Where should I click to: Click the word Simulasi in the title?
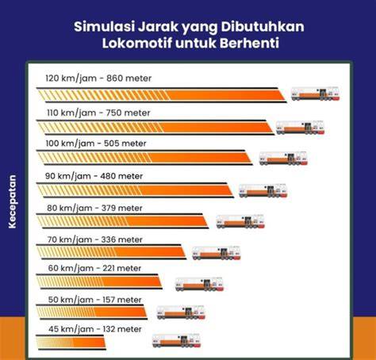[x=104, y=27]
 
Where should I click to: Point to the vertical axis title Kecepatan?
[x=12, y=201]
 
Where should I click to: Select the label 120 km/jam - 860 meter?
[x=98, y=79]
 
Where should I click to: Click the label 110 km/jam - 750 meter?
[x=98, y=113]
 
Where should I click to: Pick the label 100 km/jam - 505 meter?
[x=96, y=144]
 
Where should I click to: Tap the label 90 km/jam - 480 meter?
[x=94, y=176]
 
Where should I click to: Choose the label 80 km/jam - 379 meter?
[x=94, y=208]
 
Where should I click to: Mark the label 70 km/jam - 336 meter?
[x=95, y=239]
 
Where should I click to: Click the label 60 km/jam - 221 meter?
[x=94, y=268]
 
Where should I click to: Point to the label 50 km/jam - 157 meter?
[x=94, y=300]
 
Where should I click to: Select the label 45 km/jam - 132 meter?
[x=95, y=329]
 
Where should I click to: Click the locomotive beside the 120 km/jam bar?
[x=315, y=94]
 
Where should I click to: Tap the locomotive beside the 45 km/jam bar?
[x=176, y=340]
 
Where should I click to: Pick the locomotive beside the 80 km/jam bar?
[x=240, y=221]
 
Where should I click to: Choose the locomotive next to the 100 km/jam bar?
[x=283, y=159]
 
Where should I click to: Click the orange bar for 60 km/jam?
[x=99, y=281]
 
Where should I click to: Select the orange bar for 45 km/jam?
[x=71, y=343]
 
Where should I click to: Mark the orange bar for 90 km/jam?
[x=135, y=190]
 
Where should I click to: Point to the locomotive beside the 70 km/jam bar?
[x=217, y=253]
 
